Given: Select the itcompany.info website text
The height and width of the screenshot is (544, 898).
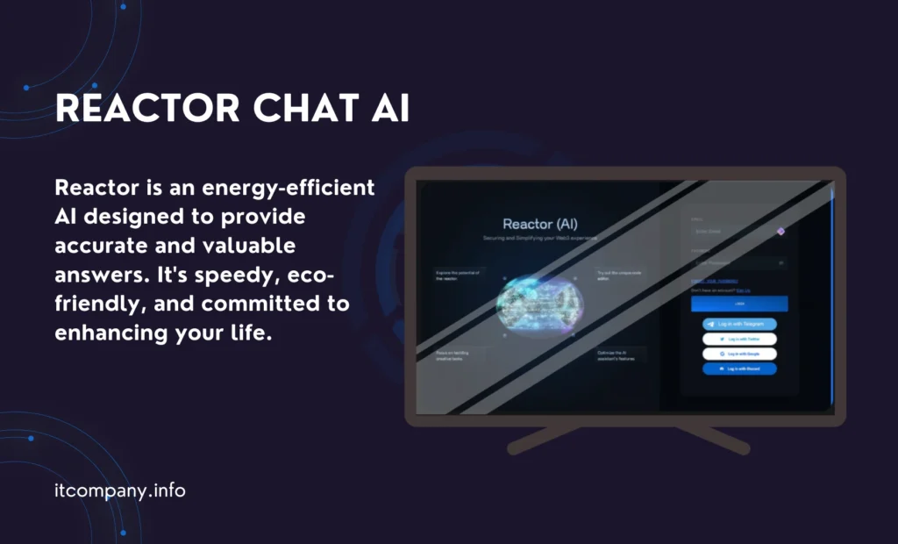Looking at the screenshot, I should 119,490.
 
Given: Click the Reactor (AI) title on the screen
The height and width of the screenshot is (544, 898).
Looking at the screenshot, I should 539,224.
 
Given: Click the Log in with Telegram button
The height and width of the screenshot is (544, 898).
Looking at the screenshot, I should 739,324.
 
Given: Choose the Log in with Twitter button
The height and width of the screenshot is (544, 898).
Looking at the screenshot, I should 739,339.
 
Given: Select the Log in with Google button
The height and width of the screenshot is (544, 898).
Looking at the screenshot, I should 739,354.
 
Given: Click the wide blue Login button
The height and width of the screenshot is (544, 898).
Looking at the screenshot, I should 739,304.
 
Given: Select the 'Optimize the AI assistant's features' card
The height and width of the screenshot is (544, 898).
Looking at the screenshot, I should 621,355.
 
